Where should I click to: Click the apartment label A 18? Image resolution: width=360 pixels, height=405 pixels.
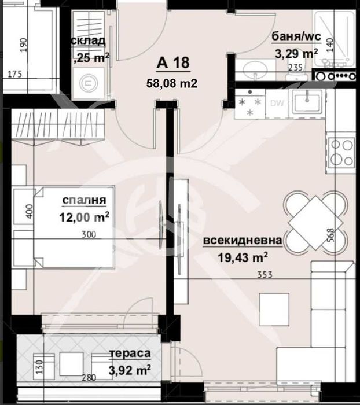coord(173,63)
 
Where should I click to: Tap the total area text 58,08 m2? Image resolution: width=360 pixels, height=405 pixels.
coord(173,83)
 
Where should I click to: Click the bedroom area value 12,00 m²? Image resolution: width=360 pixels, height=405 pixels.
coord(85,217)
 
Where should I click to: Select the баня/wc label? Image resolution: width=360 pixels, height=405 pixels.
coord(296,38)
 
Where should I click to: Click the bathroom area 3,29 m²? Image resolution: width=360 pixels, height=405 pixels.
coord(295,54)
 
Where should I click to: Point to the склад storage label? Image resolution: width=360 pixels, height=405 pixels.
coord(88,41)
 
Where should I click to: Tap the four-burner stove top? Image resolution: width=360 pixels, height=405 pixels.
coord(340,152)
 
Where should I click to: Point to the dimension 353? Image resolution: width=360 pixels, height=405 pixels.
coord(265,276)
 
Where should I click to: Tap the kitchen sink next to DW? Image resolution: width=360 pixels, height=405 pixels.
coord(305,103)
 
